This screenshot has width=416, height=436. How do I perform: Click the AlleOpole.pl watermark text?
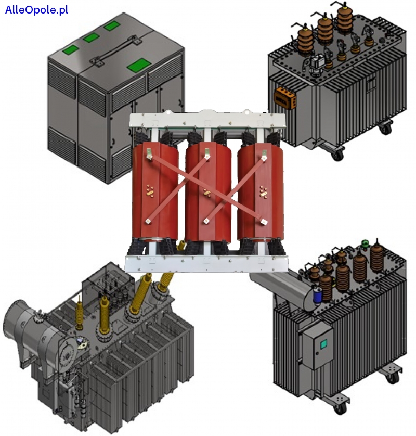(x=36, y=10)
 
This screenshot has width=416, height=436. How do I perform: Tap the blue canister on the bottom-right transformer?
(x=318, y=296)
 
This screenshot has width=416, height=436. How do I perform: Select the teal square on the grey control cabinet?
(x=323, y=344)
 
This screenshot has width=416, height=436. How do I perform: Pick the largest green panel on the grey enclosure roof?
(x=138, y=65)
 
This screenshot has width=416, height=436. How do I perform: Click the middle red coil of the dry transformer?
(x=208, y=195)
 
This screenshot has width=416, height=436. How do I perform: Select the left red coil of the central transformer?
(x=155, y=195)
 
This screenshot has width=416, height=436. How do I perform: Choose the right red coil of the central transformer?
(x=261, y=195)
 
